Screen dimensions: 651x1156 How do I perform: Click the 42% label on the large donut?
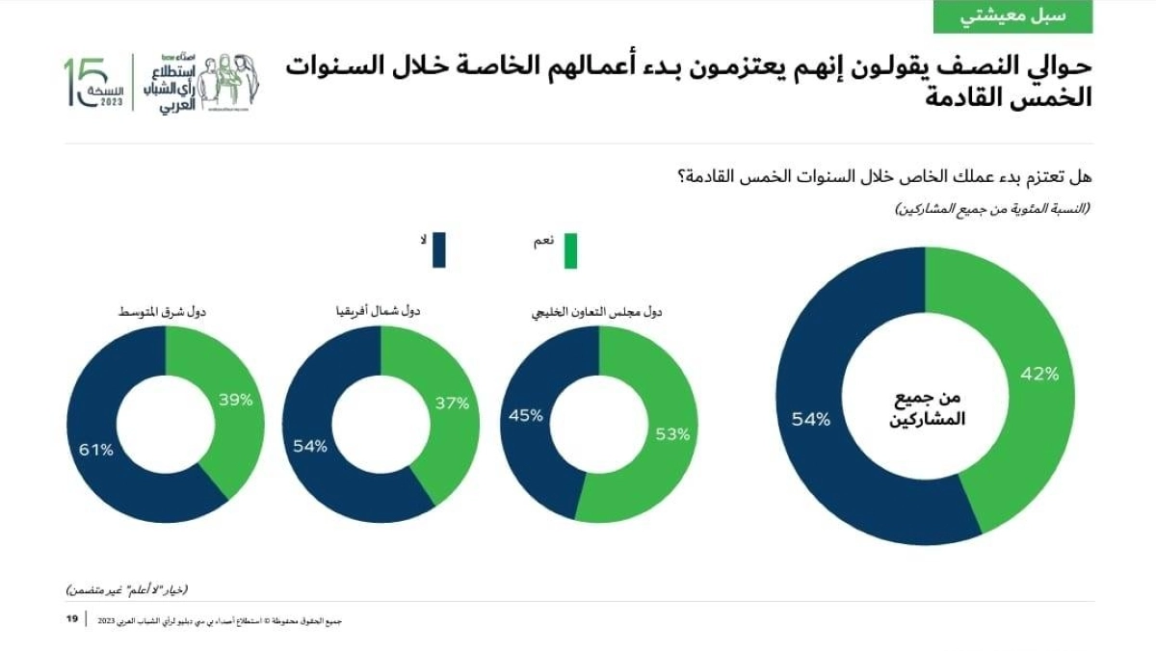point(1039,374)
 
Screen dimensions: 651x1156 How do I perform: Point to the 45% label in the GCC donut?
point(525,416)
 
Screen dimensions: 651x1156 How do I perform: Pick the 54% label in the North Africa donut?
point(309,446)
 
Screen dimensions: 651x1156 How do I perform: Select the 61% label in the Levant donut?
point(95,449)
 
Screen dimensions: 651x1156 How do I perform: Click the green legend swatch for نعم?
point(569,250)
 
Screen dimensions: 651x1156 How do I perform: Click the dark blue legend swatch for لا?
point(438,249)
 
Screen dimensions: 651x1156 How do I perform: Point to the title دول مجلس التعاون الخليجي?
point(598,312)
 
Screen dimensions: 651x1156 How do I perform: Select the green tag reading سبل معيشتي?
point(1012,16)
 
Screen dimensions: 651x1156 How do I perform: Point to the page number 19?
point(71,618)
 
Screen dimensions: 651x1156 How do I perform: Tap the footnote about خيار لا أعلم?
point(127,588)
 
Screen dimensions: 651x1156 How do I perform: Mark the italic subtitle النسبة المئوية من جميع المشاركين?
point(993,208)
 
